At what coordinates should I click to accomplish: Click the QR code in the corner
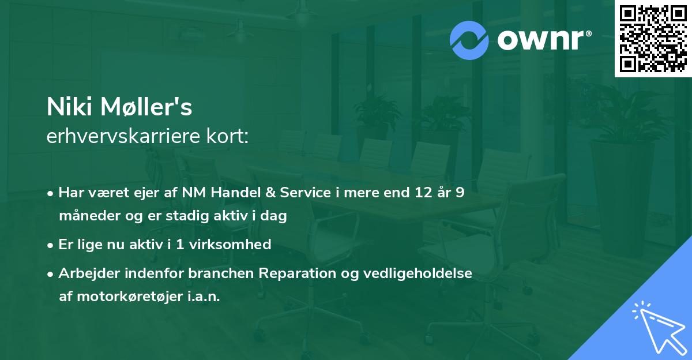[653, 38]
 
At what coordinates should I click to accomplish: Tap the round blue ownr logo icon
[469, 40]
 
